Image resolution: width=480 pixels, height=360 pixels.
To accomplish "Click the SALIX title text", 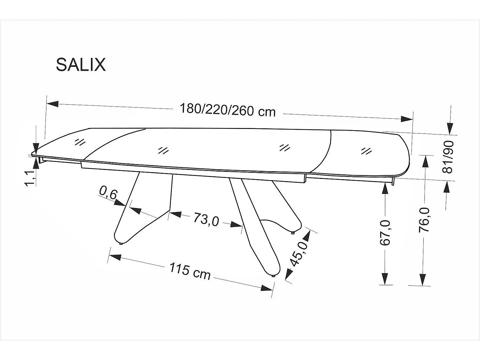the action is tap(81, 65).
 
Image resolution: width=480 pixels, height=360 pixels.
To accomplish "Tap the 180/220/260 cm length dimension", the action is tap(228, 110).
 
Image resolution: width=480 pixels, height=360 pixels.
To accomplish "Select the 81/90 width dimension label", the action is tap(447, 157).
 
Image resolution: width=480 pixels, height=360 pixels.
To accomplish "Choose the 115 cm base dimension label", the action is tap(190, 271).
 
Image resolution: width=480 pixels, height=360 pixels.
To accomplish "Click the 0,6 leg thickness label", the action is tap(108, 193).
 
